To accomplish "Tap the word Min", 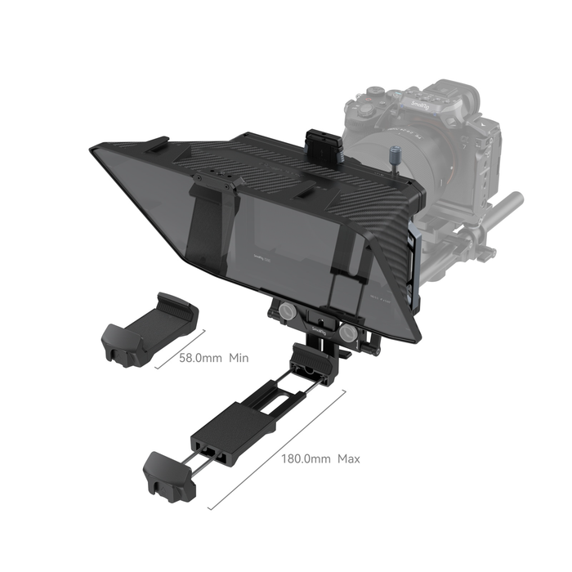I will pyautogui.click(x=239, y=358).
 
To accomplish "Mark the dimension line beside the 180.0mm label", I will pyautogui.click(x=278, y=454).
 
